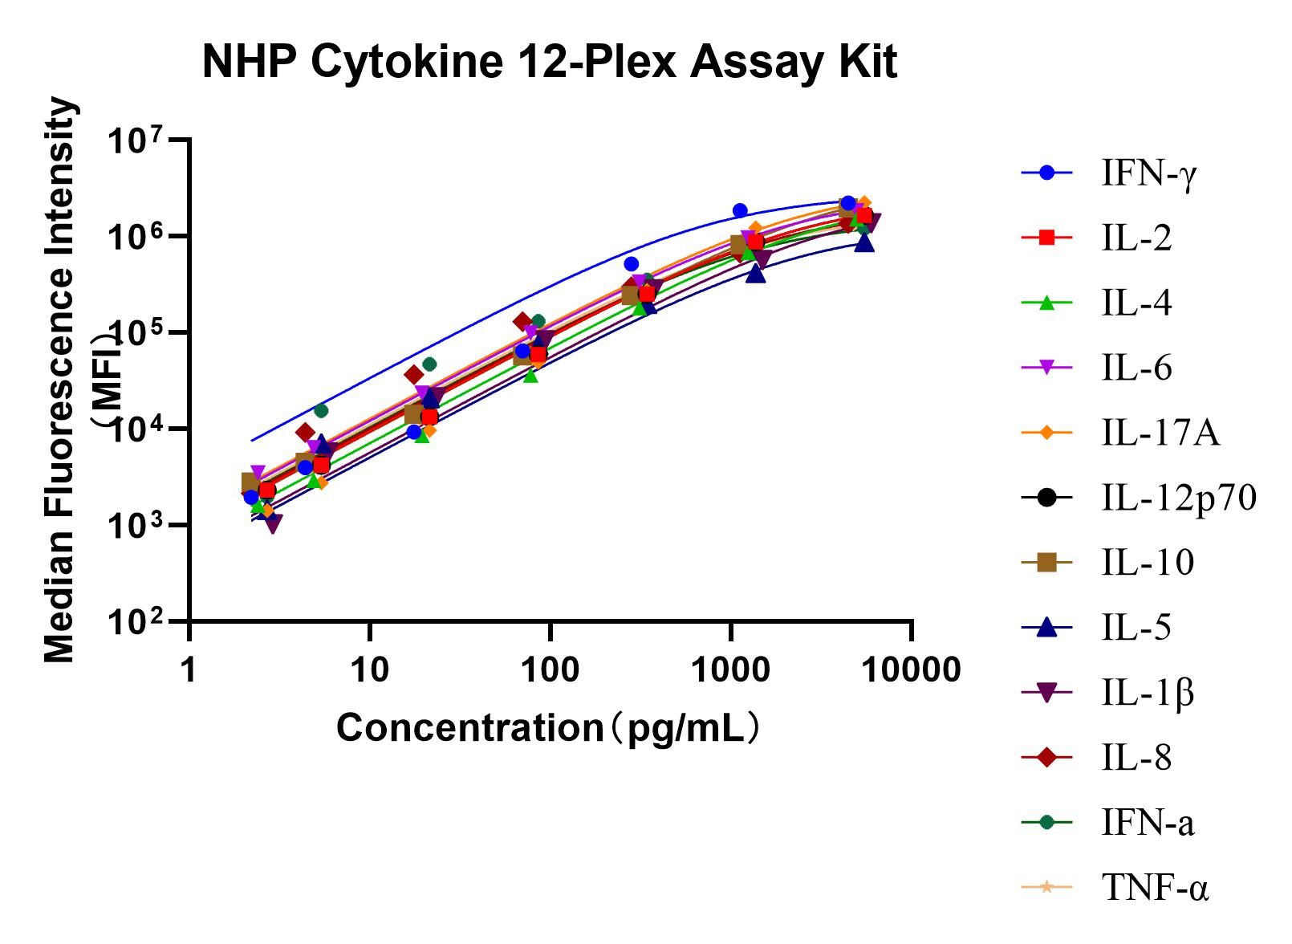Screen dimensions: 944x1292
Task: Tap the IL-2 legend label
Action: (1136, 238)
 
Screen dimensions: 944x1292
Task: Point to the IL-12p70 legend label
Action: (1178, 498)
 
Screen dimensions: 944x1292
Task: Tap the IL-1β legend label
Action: (1148, 693)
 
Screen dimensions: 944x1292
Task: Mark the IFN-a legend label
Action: (1148, 823)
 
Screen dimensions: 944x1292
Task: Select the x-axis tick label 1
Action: (189, 669)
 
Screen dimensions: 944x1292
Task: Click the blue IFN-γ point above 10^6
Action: (739, 210)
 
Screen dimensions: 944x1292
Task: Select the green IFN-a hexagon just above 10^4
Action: (321, 410)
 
